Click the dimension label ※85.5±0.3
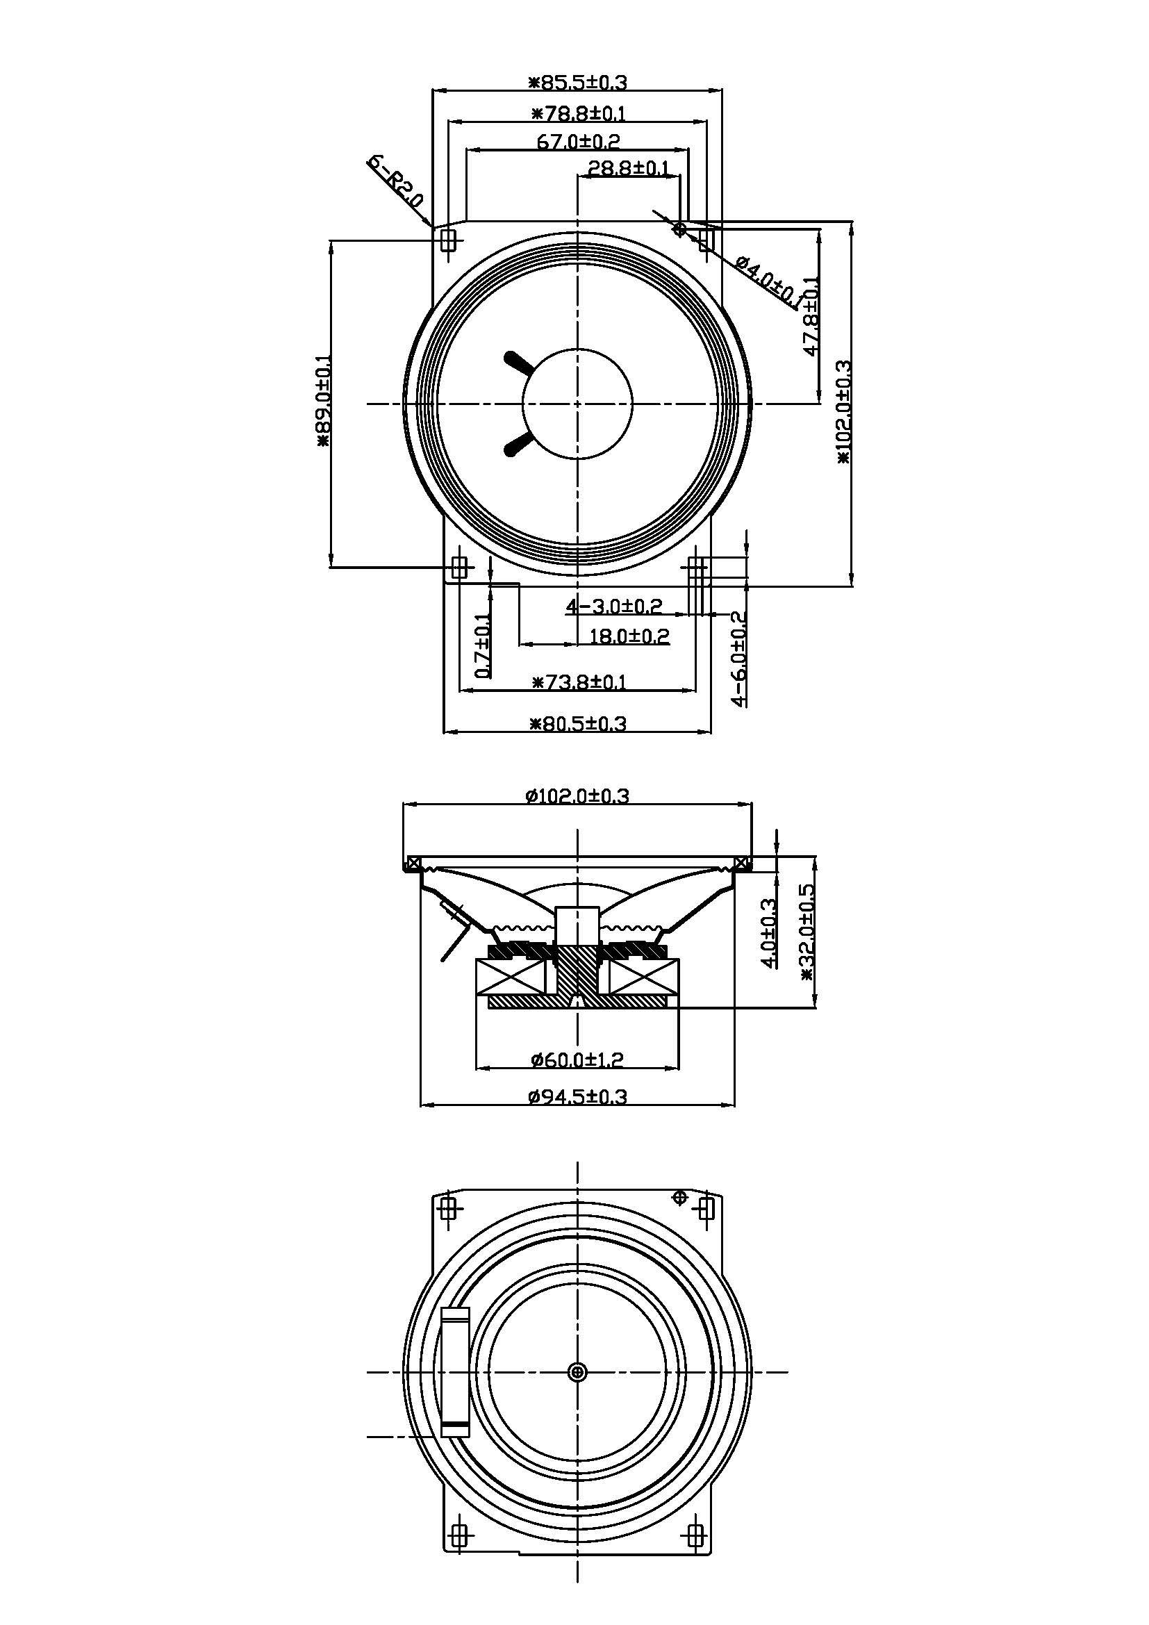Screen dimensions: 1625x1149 (x=578, y=82)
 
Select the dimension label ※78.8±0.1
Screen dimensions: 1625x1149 (x=578, y=113)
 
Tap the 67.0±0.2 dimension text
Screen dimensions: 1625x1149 (x=578, y=141)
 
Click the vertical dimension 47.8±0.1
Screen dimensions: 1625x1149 (x=811, y=315)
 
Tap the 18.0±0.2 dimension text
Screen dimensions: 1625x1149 (x=629, y=636)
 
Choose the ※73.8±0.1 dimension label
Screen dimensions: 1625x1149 (x=578, y=682)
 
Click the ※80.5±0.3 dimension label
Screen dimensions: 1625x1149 (x=578, y=723)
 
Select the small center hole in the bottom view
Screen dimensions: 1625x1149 (x=577, y=1372)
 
